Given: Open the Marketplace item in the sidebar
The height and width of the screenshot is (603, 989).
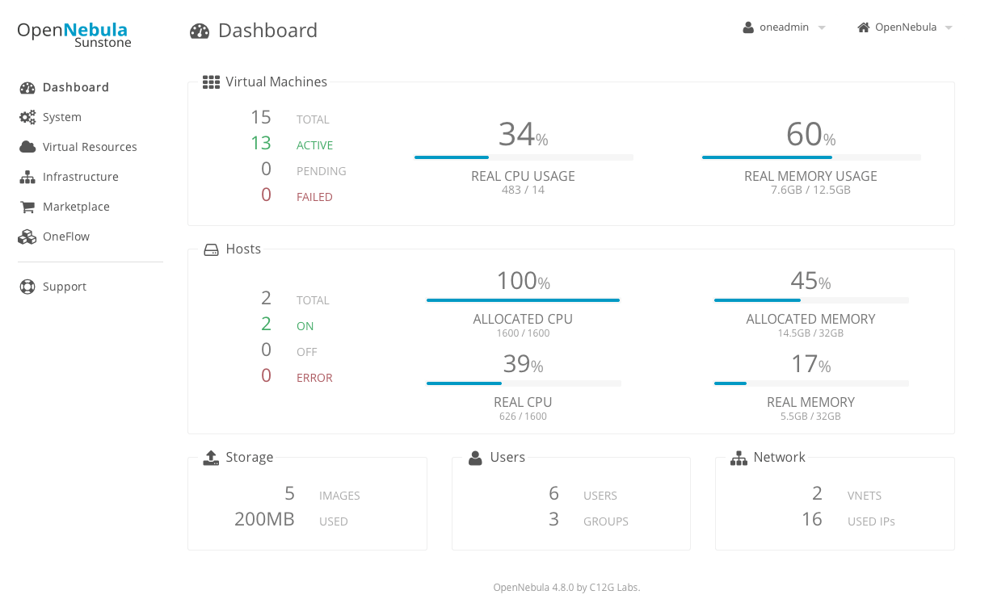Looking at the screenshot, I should [x=75, y=207].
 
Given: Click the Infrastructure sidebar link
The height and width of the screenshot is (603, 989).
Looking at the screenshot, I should [x=80, y=177].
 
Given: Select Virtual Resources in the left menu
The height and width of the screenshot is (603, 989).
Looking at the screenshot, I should [x=89, y=147].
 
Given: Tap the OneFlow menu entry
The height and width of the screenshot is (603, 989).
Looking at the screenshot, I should [x=65, y=237].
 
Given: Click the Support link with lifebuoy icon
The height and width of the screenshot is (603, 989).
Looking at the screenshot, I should [x=64, y=287].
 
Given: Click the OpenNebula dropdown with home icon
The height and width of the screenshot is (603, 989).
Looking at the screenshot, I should [x=905, y=27].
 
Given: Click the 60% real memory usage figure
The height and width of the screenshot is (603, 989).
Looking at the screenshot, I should [x=810, y=135].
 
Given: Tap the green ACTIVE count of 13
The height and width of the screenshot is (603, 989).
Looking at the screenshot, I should [x=261, y=144].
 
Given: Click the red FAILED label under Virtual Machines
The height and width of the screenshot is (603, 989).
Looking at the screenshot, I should [x=314, y=197].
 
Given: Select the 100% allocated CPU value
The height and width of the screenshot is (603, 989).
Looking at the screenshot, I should [x=523, y=281].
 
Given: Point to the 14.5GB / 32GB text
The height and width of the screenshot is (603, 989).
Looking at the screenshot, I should [x=810, y=333].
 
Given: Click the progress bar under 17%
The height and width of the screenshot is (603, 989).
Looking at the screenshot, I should [x=811, y=383].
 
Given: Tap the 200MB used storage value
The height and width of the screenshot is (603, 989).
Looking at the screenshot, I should [x=264, y=519].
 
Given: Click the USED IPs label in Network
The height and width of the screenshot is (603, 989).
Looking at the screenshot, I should [x=871, y=521].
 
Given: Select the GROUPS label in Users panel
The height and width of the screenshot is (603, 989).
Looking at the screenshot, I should [x=605, y=521].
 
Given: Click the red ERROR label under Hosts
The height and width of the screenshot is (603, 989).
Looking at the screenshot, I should [x=314, y=378].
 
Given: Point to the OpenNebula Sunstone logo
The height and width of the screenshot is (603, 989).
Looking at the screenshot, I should [x=74, y=34].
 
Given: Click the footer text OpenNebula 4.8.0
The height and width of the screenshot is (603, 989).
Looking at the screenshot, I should [x=566, y=588].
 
